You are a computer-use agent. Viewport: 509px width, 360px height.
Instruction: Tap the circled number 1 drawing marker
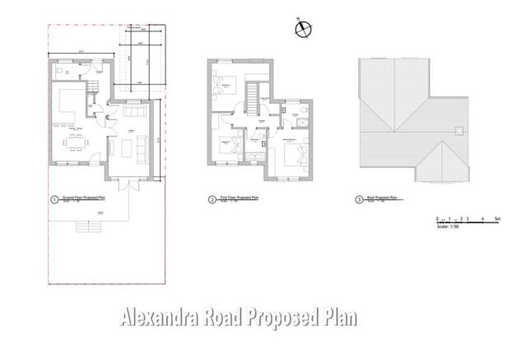[x=54, y=199]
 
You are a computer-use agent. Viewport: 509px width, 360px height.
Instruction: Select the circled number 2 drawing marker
[x=212, y=199]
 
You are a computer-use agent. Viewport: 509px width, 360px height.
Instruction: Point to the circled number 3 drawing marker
[x=358, y=199]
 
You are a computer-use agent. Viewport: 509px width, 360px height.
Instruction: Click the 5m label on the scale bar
[x=499, y=218]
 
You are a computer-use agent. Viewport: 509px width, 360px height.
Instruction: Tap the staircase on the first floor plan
[x=250, y=99]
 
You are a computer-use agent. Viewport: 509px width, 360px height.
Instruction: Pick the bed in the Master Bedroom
[x=292, y=153]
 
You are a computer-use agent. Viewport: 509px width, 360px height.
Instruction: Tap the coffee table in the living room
[x=124, y=147]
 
